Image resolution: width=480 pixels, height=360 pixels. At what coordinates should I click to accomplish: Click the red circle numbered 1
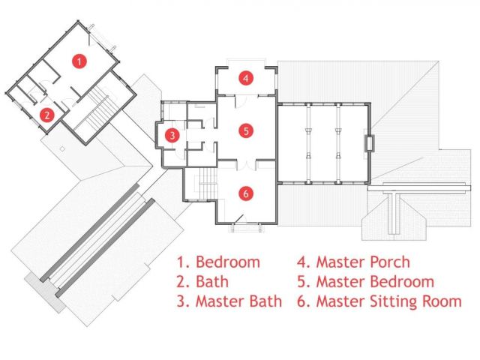pyautogui.click(x=79, y=61)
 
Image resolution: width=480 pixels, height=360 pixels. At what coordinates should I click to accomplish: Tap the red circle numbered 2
pyautogui.click(x=46, y=115)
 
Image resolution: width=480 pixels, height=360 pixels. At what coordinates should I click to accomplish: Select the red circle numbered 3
pyautogui.click(x=172, y=135)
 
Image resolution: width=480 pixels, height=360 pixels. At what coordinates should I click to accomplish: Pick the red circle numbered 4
pyautogui.click(x=246, y=78)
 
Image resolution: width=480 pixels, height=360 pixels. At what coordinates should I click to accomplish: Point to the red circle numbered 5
pyautogui.click(x=246, y=131)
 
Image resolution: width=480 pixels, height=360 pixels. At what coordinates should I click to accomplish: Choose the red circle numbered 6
pyautogui.click(x=246, y=193)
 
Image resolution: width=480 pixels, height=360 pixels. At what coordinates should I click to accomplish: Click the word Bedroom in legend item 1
pyautogui.click(x=228, y=262)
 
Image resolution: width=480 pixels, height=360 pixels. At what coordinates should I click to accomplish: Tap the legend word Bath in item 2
pyautogui.click(x=212, y=282)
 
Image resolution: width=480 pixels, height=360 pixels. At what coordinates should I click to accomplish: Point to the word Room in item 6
pyautogui.click(x=442, y=301)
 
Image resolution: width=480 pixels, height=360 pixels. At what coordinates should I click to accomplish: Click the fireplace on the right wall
pyautogui.click(x=369, y=143)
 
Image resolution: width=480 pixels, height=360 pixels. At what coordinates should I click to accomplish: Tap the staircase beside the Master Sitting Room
pyautogui.click(x=208, y=183)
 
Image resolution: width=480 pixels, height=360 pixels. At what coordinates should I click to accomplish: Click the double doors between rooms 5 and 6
pyautogui.click(x=247, y=165)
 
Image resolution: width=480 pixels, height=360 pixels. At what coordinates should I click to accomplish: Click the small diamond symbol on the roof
pyautogui.click(x=62, y=149)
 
